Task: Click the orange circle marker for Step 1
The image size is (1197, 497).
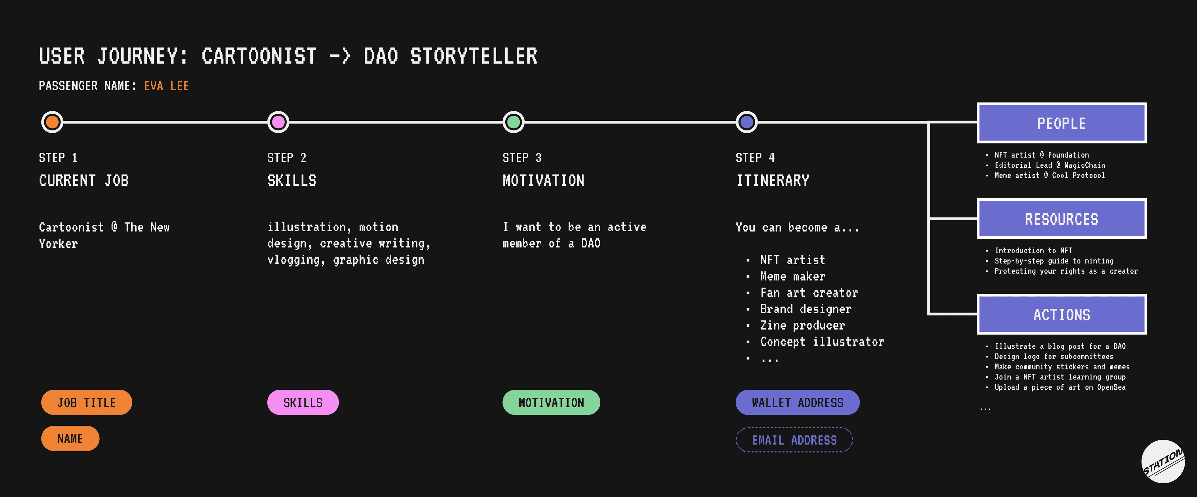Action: (x=52, y=122)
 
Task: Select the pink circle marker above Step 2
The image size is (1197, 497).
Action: (x=278, y=122)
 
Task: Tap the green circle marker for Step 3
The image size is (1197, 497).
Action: (x=513, y=122)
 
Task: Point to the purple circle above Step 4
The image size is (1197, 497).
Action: (x=747, y=122)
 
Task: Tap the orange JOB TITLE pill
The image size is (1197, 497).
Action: (x=86, y=402)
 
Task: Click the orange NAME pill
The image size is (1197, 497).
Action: (x=70, y=438)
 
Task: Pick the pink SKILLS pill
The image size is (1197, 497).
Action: (x=303, y=402)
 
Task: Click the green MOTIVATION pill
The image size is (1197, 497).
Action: (x=551, y=402)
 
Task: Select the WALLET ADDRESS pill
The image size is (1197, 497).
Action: (x=797, y=402)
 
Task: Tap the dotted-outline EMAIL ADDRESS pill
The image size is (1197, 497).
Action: (x=794, y=440)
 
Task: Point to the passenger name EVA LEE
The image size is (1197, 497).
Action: (x=166, y=86)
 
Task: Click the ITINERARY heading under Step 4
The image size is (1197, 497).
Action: (x=772, y=181)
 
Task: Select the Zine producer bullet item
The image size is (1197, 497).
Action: (x=802, y=325)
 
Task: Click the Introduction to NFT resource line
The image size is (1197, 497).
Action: (x=1033, y=251)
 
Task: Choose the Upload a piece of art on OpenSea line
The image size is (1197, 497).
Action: (x=1060, y=387)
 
